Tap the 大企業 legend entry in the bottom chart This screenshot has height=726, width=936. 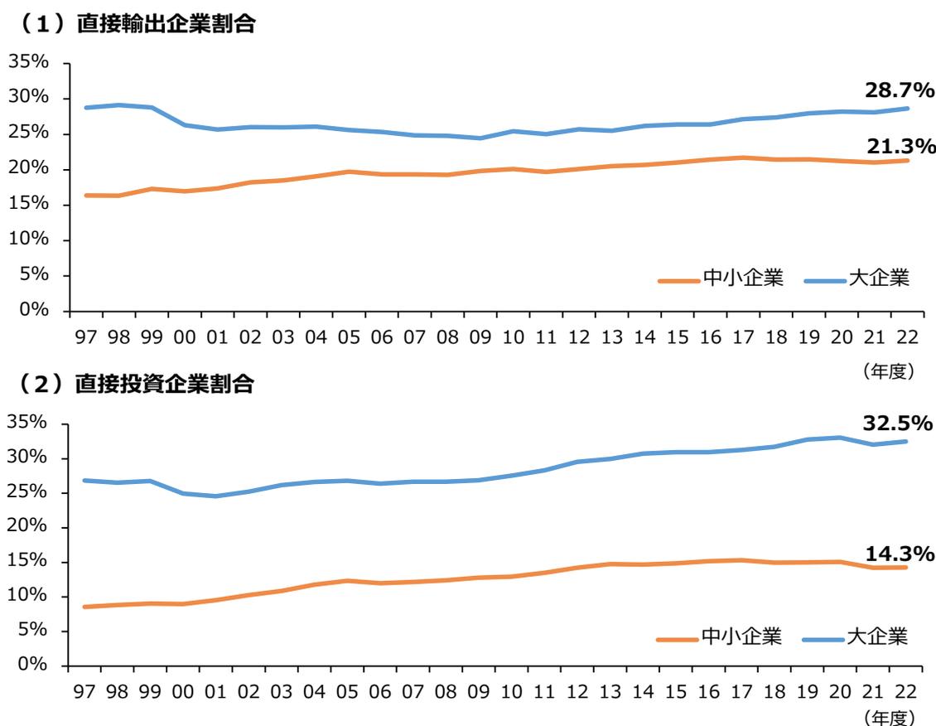pos(877,636)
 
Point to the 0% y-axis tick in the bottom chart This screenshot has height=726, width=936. pos(33,665)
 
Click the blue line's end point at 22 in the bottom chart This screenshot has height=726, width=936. pos(906,441)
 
